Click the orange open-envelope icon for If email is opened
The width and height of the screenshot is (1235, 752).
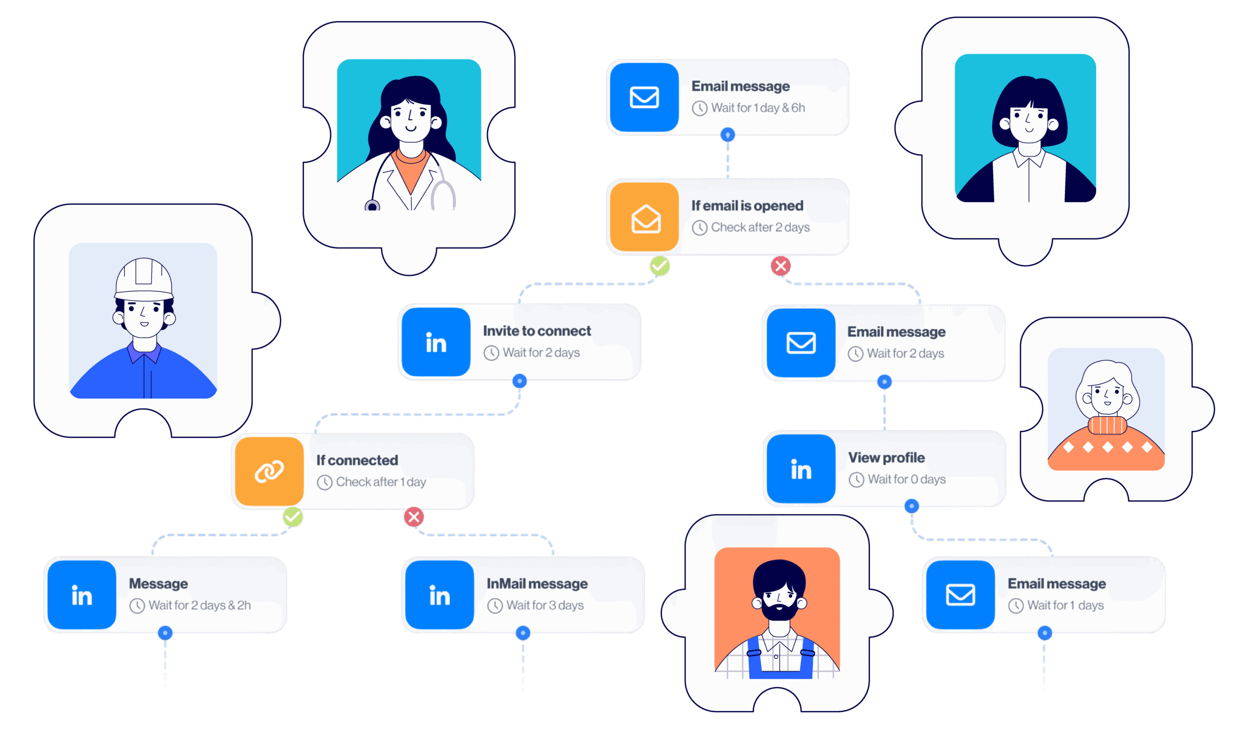645,218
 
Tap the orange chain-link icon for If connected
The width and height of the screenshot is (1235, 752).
269,471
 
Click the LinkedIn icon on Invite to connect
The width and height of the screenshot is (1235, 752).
436,343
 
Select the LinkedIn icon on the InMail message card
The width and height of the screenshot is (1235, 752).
439,595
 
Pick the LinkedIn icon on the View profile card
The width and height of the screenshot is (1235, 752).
800,469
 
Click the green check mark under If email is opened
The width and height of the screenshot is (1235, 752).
659,265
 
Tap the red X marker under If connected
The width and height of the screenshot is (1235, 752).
413,517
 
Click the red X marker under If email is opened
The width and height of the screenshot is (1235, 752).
781,265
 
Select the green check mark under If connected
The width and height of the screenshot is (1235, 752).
292,517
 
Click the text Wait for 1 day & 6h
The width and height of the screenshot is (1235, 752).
757,108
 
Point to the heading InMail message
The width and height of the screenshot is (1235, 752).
537,584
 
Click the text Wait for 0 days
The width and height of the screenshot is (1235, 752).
906,480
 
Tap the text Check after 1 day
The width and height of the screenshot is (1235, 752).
381,482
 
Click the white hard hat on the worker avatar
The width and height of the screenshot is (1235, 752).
144,278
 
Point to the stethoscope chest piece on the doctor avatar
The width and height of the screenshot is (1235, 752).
372,206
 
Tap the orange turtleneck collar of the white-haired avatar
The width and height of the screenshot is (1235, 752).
1107,425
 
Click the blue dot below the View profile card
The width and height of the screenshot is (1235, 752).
911,506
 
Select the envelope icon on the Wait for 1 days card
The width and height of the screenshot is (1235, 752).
960,595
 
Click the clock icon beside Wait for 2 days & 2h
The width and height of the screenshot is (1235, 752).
137,606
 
